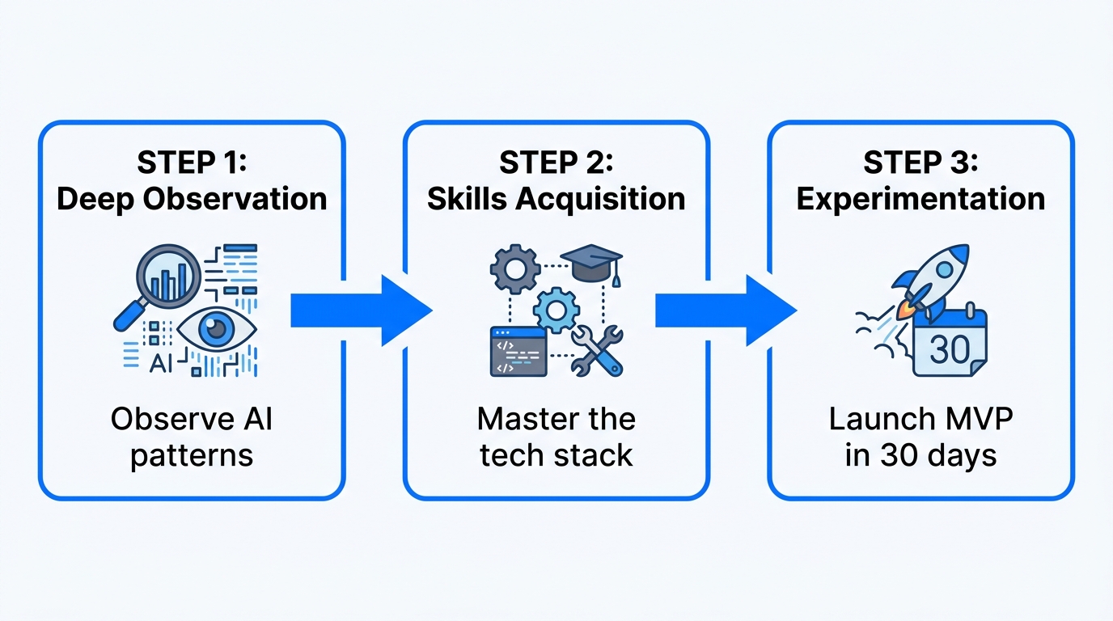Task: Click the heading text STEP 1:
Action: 192,162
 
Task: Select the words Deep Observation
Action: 192,199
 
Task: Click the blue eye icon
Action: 216,329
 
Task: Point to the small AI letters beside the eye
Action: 162,364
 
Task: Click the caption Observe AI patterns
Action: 192,437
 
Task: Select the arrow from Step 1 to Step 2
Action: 360,310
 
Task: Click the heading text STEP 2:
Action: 556,162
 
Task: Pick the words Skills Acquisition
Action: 556,199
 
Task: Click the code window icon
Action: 518,351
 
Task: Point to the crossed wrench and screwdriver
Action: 596,350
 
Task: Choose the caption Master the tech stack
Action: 556,437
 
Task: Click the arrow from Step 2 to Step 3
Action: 725,310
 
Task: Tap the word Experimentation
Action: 920,199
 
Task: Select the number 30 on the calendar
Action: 950,349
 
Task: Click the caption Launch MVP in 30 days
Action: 920,437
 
